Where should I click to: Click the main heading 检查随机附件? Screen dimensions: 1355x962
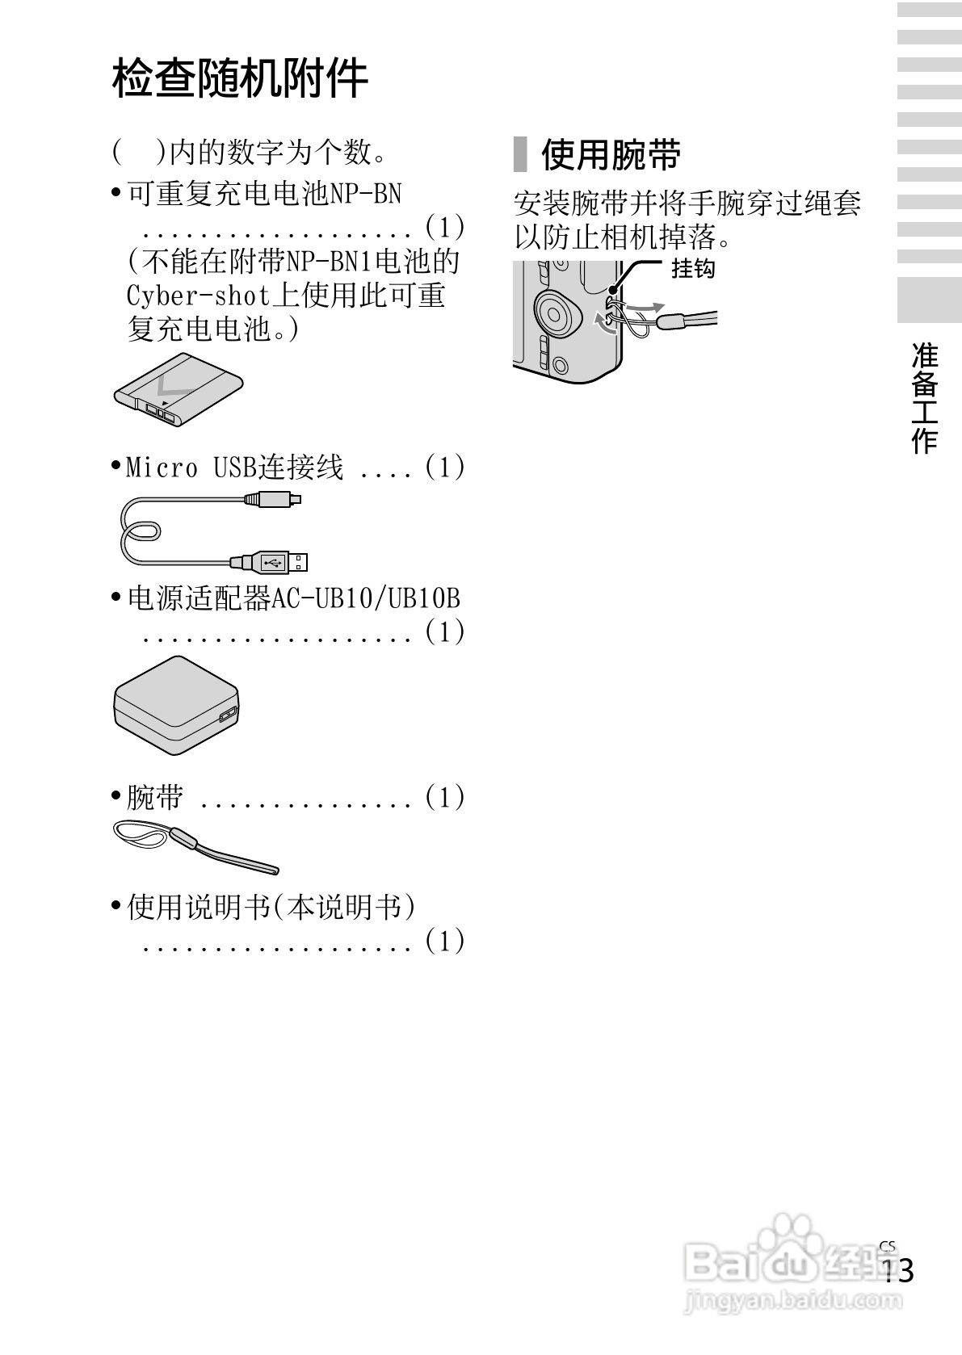[240, 78]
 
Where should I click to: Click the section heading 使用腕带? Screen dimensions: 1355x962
[611, 154]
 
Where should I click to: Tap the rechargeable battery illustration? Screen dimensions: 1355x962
[179, 391]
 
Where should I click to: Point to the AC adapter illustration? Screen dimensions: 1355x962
[177, 705]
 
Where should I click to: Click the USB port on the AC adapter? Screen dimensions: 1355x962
[227, 715]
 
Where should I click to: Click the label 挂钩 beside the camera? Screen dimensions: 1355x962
[693, 268]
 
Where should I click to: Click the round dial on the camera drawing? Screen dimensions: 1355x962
[557, 313]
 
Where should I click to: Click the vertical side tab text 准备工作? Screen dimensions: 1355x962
[925, 398]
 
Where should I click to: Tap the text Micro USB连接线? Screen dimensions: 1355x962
[235, 467]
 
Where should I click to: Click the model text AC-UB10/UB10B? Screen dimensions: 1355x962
[365, 598]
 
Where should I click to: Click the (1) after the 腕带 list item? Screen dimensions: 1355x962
[444, 797]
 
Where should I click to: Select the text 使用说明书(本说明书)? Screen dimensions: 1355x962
[271, 907]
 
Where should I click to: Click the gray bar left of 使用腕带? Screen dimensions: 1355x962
[520, 154]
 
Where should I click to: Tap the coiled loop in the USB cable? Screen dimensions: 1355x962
[141, 533]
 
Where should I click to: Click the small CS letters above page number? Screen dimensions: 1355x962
[888, 1246]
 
